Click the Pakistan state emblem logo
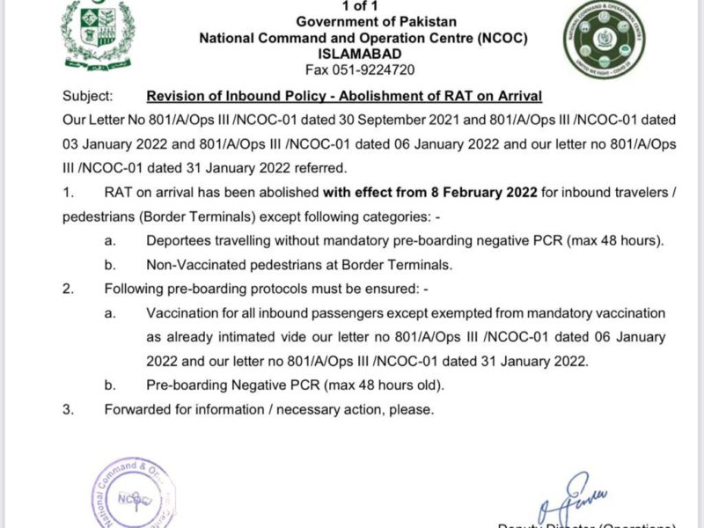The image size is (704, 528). [x=98, y=34]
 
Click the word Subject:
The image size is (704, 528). [x=88, y=96]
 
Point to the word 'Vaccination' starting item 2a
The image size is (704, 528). [x=183, y=312]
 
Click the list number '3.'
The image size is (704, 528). [x=69, y=409]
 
